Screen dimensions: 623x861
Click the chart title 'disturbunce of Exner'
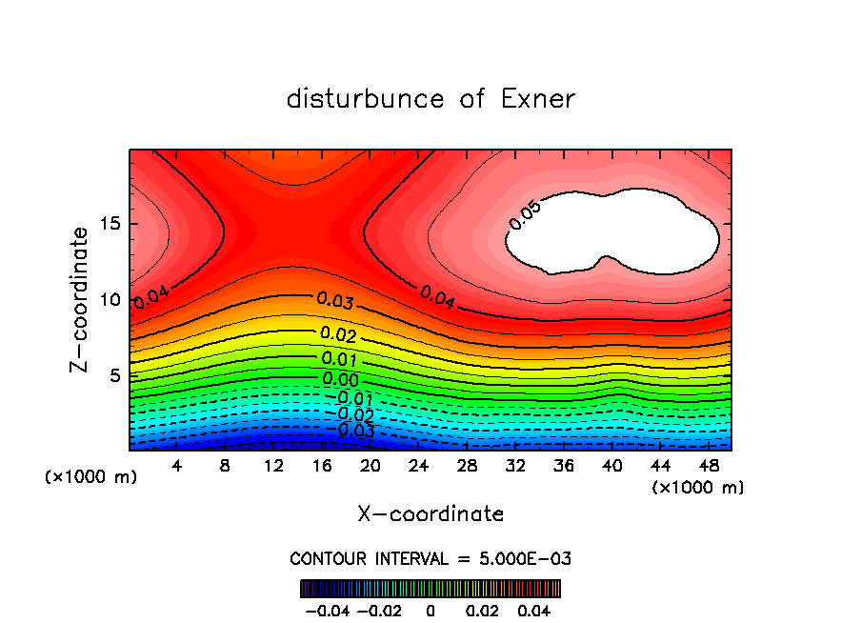coord(430,99)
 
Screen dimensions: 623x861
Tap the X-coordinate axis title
coord(430,514)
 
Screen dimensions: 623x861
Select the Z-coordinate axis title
coord(82,299)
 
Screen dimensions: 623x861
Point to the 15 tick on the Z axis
coord(110,225)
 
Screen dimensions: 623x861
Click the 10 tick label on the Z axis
coord(110,300)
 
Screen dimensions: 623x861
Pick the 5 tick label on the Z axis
coord(115,375)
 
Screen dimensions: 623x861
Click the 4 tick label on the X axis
coord(177,467)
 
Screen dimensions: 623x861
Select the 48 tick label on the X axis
coord(709,467)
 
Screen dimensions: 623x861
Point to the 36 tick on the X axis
coord(564,467)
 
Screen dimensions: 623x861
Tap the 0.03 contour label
coord(336,302)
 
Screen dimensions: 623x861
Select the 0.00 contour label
coord(340,380)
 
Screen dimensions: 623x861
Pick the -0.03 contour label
coord(350,431)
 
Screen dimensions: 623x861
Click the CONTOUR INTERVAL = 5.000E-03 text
coord(430,558)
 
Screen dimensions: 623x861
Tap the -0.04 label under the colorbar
coord(327,609)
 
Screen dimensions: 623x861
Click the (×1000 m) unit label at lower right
coord(697,488)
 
